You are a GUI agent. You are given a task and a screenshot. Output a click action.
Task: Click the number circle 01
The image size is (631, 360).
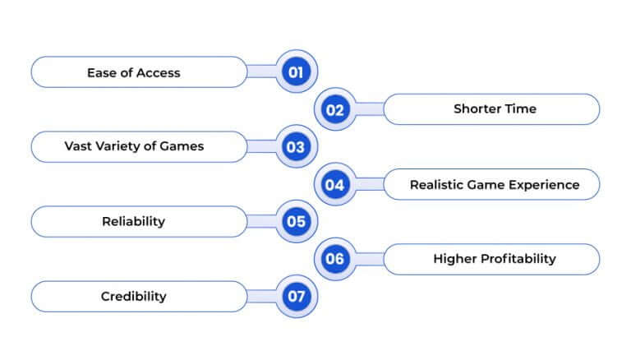[x=296, y=72]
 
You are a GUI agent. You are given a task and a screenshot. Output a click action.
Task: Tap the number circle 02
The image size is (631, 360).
[x=335, y=109]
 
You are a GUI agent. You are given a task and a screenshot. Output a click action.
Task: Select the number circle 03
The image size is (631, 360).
[x=296, y=147]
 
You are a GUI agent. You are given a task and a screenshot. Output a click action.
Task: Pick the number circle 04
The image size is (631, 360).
[x=335, y=185]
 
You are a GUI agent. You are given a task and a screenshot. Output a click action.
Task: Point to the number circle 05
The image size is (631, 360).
[x=296, y=222]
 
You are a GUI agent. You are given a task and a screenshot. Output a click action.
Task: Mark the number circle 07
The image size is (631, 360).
[x=296, y=297]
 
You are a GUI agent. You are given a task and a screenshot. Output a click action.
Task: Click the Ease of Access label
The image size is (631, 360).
[x=133, y=72]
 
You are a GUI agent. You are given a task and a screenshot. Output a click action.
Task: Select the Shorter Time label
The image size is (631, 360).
[x=495, y=109]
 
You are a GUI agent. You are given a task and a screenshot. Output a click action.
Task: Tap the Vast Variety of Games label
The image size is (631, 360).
[x=134, y=147]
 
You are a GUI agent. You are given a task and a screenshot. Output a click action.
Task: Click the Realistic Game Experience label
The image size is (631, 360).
[x=495, y=185]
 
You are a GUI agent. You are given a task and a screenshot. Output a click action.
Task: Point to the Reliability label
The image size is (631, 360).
[x=133, y=222]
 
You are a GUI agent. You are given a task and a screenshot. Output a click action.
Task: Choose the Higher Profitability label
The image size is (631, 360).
[x=495, y=259]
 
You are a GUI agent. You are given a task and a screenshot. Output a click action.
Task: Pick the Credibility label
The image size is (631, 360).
[x=133, y=297]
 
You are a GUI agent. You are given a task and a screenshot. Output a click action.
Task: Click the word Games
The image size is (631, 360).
[x=182, y=147]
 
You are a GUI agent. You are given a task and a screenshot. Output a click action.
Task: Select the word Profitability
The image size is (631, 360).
[x=516, y=259]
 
